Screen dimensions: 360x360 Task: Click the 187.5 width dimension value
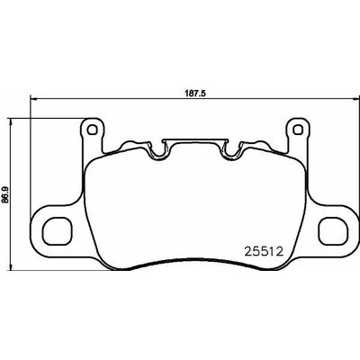186,91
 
